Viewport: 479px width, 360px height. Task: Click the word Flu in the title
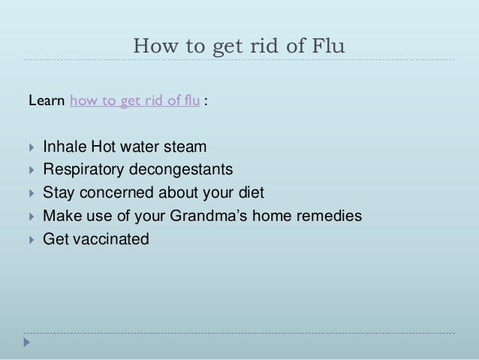[x=327, y=47]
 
